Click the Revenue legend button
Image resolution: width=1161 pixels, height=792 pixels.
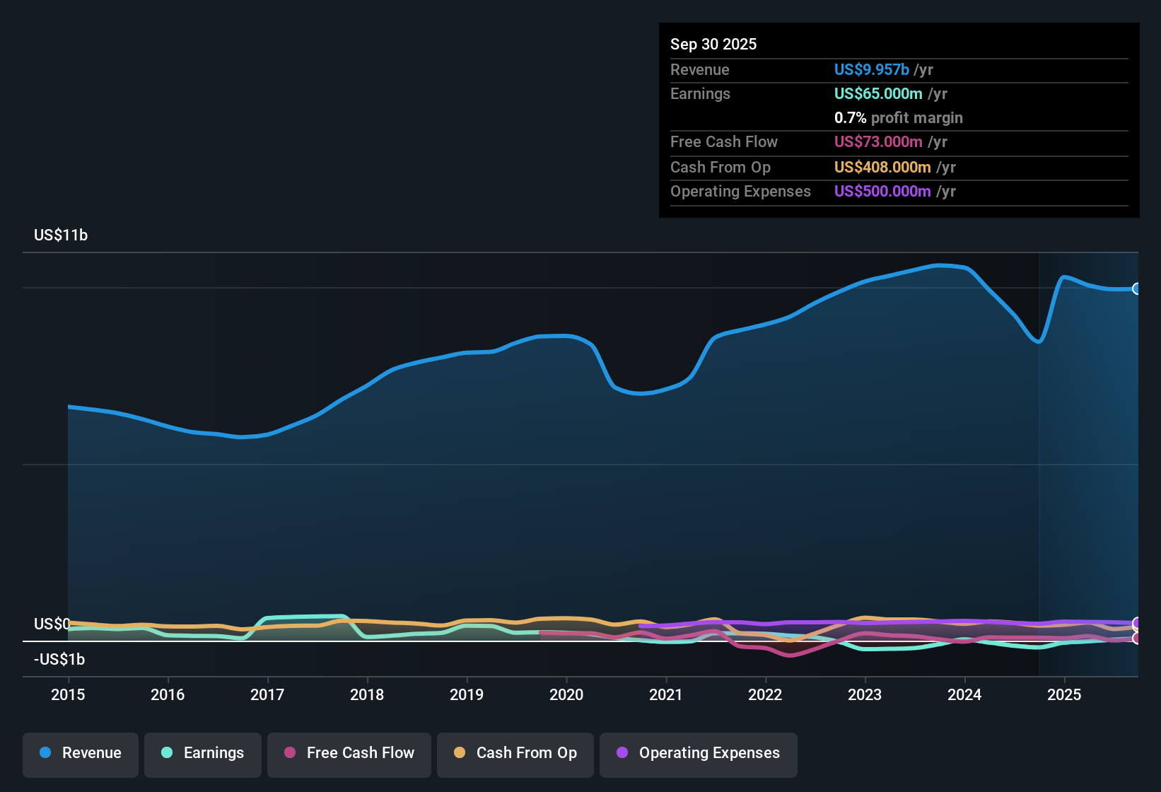(81, 753)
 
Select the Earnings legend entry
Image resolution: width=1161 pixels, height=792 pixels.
(203, 753)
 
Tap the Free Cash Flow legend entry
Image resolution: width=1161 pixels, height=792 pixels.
(349, 753)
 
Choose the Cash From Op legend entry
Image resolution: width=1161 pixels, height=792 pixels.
(515, 753)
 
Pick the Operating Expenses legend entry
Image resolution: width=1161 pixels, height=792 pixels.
(699, 753)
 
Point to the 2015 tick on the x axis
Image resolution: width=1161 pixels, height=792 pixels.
(68, 694)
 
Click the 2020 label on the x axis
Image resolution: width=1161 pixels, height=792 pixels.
(566, 694)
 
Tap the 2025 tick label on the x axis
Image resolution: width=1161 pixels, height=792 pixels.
(1064, 694)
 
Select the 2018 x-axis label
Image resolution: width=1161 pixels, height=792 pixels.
(367, 694)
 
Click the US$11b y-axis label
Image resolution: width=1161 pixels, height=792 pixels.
(61, 235)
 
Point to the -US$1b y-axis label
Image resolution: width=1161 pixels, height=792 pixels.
(59, 660)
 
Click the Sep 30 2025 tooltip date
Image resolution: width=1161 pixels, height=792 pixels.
(713, 45)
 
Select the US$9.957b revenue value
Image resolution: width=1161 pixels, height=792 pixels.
(871, 70)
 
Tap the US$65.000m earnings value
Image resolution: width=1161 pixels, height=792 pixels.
(878, 94)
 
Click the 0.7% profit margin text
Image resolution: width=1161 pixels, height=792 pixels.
(898, 118)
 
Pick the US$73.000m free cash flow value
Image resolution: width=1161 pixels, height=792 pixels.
(878, 142)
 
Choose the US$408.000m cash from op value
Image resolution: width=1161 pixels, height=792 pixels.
(882, 168)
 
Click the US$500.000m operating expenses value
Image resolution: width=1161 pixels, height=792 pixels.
(882, 192)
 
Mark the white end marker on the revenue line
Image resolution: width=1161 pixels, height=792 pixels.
(1136, 289)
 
